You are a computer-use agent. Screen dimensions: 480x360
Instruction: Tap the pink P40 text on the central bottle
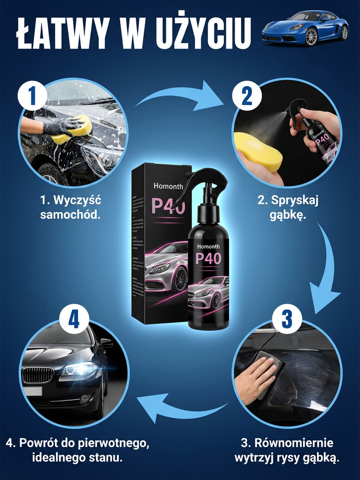[208, 258]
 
